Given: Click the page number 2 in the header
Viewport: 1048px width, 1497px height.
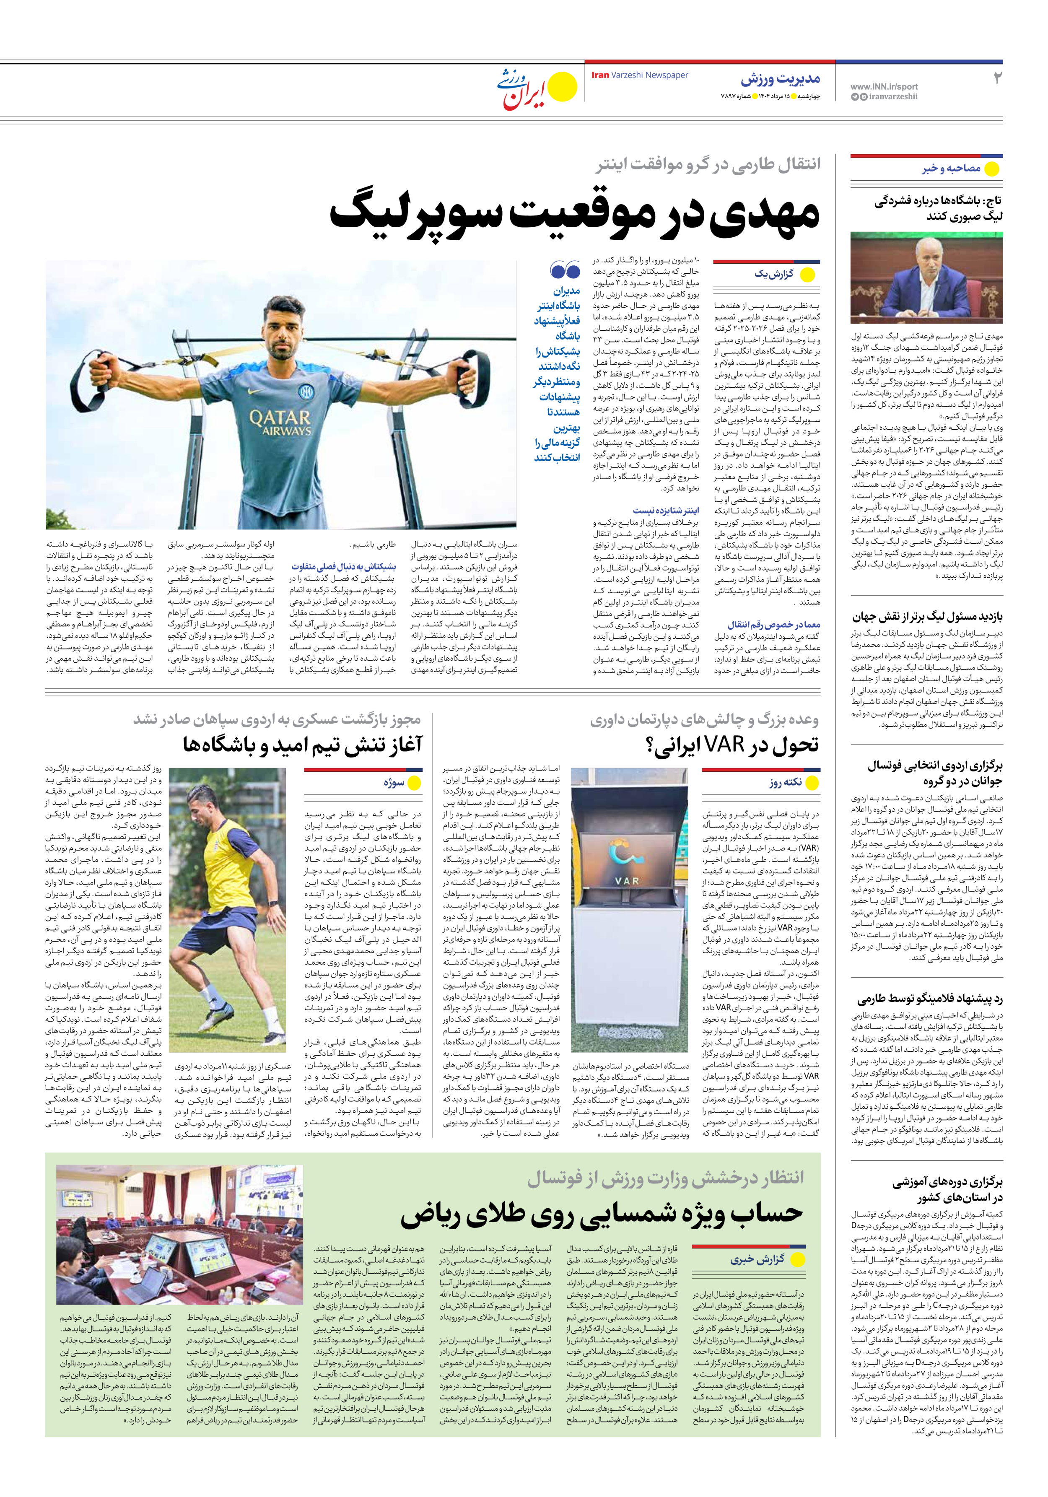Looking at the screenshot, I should (996, 78).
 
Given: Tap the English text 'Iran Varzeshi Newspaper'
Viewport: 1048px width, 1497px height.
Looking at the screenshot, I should (640, 75).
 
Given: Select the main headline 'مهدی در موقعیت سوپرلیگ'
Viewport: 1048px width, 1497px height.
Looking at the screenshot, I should (574, 213).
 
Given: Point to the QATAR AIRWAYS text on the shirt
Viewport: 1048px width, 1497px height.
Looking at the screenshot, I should (280, 422).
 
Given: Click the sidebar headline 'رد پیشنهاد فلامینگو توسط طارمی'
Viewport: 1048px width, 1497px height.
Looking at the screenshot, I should (929, 999).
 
